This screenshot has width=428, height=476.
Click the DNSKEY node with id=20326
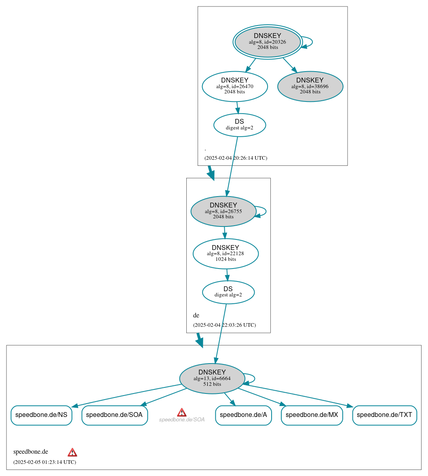[268, 42]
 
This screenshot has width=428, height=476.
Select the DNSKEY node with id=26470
[235, 86]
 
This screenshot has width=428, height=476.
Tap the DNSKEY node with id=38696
[310, 86]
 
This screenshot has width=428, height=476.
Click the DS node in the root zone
[239, 125]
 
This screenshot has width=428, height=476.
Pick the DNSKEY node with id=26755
[223, 211]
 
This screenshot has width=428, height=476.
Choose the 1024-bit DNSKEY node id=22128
[226, 254]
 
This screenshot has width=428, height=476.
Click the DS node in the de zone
[228, 292]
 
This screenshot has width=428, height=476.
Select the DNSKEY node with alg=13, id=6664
[212, 379]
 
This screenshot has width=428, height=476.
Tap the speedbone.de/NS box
[41, 415]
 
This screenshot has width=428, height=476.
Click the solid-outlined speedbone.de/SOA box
[114, 415]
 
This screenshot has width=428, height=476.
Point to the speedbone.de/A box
[243, 415]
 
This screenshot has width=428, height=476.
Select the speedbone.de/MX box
[312, 415]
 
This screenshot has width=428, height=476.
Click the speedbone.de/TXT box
[384, 415]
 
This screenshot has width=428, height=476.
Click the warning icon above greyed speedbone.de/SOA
[182, 412]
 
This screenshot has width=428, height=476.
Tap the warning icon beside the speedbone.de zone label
[72, 452]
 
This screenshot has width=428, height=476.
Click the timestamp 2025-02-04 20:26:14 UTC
[236, 158]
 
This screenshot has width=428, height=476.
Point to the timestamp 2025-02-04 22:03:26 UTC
[224, 325]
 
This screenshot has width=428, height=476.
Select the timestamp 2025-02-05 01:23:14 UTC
[44, 462]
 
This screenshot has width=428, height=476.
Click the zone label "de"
[196, 315]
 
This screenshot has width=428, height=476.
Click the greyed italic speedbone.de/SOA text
[182, 420]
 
